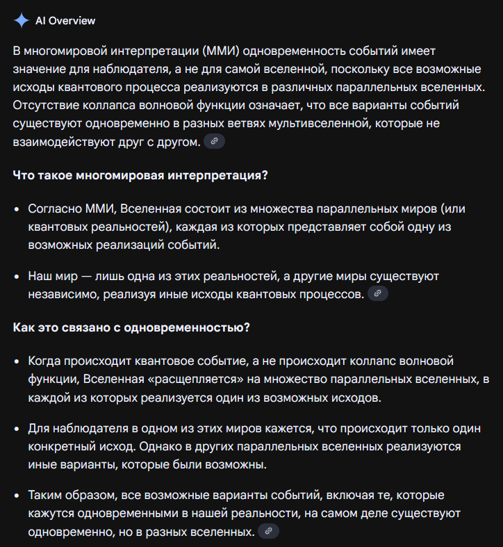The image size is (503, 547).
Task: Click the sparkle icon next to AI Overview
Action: click(22, 20)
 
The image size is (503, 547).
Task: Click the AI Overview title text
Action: click(65, 21)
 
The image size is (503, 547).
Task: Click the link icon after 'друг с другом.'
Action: click(215, 141)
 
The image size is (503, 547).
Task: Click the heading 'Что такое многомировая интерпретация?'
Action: click(140, 174)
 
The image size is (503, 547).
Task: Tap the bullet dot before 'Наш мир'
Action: click(17, 277)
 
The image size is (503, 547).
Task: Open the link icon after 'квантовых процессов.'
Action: click(377, 293)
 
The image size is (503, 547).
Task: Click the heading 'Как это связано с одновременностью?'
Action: click(131, 327)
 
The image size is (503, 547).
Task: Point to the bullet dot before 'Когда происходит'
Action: click(17, 362)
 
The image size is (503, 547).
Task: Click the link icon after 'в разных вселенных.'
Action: click(268, 531)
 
